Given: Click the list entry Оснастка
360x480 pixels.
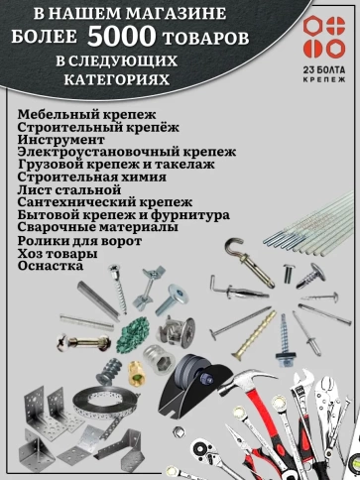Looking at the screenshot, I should coord(51,265).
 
